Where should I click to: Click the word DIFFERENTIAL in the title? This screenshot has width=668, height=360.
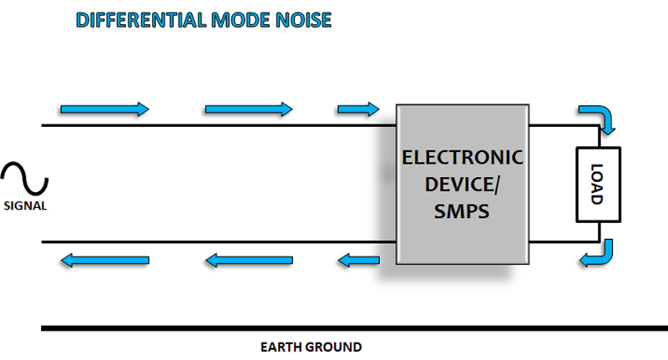(x=134, y=20)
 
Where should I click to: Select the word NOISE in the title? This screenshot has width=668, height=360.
(x=302, y=20)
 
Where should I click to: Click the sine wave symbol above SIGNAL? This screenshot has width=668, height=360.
(x=25, y=180)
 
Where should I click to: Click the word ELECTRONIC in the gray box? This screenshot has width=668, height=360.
(x=462, y=157)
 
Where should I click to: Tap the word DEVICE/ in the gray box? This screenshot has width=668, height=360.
(x=462, y=185)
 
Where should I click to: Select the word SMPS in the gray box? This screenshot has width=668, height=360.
(x=462, y=212)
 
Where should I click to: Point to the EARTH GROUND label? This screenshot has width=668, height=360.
(x=311, y=346)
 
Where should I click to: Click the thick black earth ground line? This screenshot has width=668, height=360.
(x=334, y=327)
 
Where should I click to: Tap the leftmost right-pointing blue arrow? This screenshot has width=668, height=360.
(x=104, y=109)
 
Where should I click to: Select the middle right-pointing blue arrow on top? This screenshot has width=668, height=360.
(x=249, y=109)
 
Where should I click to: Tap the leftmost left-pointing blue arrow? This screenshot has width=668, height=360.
(x=104, y=261)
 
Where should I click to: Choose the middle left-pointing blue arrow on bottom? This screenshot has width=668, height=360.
(x=249, y=261)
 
